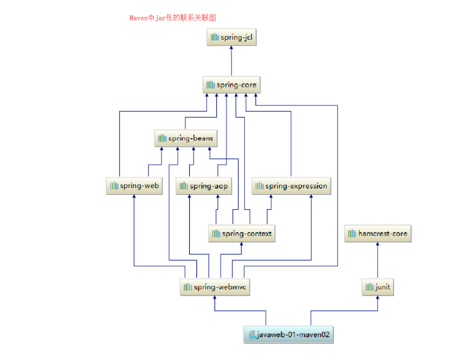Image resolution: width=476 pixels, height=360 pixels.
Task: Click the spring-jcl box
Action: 231,37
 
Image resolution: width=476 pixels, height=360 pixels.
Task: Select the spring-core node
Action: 231,85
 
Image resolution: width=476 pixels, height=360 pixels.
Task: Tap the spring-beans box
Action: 186,138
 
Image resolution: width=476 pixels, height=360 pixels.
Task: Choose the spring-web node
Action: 134,186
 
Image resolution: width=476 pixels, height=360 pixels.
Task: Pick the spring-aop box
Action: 204,186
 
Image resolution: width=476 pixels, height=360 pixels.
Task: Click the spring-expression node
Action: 291,186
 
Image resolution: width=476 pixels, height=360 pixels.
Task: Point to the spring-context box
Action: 242,233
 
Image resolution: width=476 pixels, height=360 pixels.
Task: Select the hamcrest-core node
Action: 378,233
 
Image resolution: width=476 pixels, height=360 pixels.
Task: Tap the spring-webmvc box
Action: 215,287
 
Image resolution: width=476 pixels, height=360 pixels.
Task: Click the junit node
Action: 378,287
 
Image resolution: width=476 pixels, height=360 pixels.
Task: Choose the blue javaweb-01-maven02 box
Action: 289,335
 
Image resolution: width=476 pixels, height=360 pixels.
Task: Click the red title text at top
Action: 173,17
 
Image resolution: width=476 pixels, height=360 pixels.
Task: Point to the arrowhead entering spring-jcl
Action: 231,48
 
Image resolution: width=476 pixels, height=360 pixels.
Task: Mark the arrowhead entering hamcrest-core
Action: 378,244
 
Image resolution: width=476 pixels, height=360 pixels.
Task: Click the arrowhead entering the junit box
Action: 378,297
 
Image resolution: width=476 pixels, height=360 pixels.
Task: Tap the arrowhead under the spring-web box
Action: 134,196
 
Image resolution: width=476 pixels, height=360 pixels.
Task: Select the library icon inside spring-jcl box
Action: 215,37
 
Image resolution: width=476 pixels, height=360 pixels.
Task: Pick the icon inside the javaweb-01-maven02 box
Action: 252,335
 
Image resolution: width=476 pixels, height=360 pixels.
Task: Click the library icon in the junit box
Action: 369,287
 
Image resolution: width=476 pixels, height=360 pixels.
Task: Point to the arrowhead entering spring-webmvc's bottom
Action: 215,297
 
